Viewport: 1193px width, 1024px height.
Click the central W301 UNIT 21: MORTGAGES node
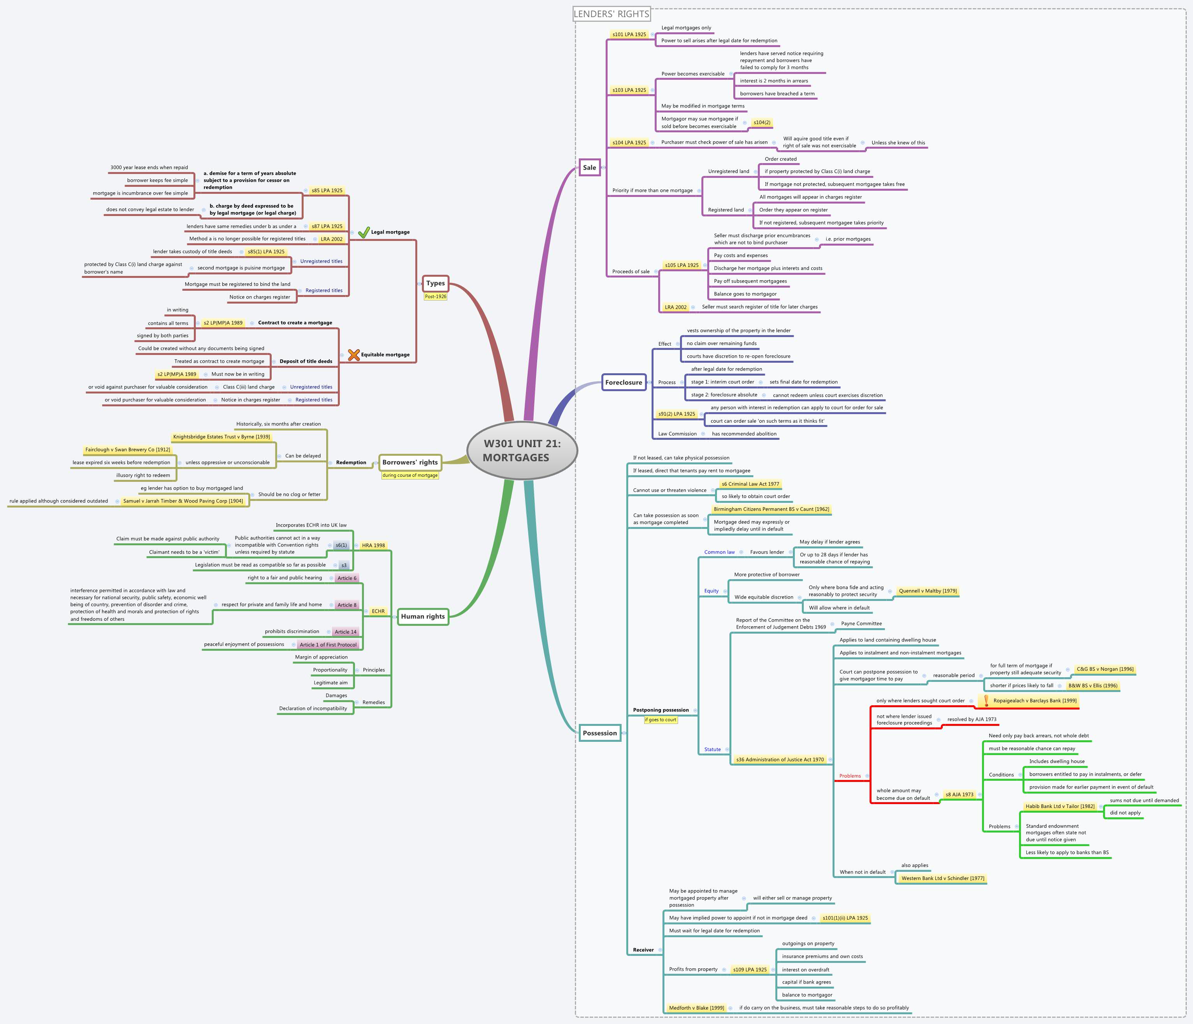(x=522, y=450)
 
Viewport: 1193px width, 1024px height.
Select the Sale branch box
(x=589, y=167)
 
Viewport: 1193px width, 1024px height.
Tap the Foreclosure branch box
(x=623, y=382)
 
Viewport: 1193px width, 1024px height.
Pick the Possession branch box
(x=599, y=733)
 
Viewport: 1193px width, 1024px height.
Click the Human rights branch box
(x=423, y=616)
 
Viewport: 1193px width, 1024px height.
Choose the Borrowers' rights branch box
(x=410, y=462)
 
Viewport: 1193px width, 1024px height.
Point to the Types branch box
(x=435, y=283)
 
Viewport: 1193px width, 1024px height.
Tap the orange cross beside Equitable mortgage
(x=353, y=355)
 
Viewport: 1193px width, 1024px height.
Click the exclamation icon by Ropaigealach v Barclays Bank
(x=986, y=701)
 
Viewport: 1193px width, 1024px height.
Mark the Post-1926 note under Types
(x=435, y=297)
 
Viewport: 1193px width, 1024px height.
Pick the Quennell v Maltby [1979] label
(x=928, y=590)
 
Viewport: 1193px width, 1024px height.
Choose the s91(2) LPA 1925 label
(x=676, y=414)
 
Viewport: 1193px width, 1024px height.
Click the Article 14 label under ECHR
(x=346, y=631)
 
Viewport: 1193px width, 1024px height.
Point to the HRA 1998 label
(x=373, y=545)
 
